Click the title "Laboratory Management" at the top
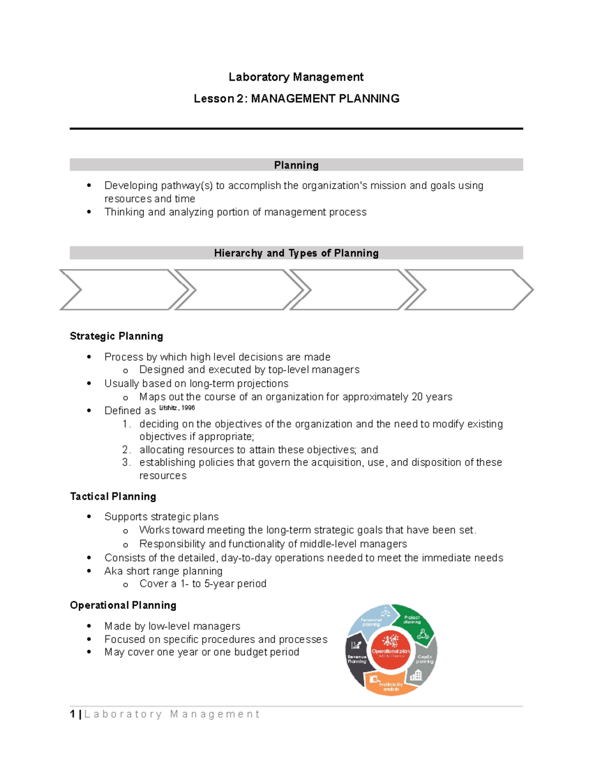296,77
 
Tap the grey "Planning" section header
296,165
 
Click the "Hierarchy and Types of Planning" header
296,253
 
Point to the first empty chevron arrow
124,290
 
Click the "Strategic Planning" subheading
116,336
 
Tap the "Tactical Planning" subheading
113,496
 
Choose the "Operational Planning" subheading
123,606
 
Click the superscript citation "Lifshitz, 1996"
177,408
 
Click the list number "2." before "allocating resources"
126,450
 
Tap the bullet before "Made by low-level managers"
89,626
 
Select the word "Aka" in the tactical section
113,571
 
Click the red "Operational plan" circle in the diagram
390,650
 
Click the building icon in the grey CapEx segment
416,675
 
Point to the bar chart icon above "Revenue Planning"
356,645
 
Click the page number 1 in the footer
73,714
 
